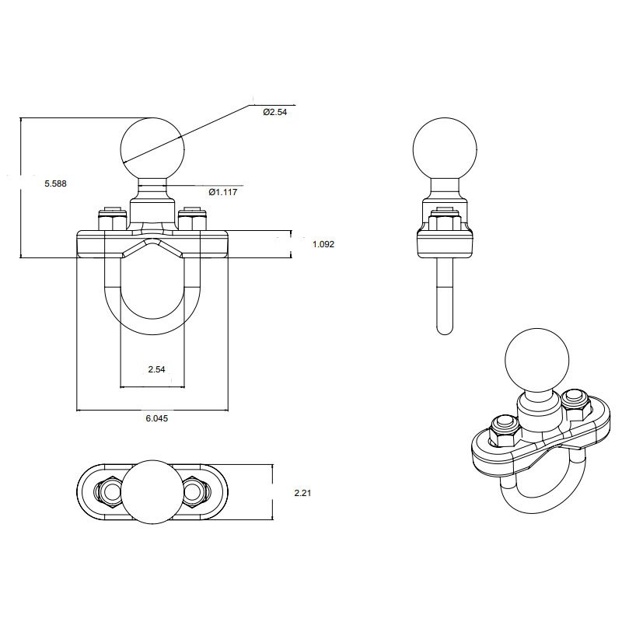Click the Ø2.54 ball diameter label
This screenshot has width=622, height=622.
point(276,113)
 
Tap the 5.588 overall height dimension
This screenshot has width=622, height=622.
point(55,183)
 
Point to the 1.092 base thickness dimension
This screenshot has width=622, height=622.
point(323,244)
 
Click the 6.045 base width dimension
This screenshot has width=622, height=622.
point(156,418)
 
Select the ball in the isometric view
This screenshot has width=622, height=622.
point(536,359)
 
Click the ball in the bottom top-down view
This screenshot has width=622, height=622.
point(152,492)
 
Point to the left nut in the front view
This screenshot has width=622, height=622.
point(110,220)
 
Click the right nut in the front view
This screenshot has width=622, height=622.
point(190,220)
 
